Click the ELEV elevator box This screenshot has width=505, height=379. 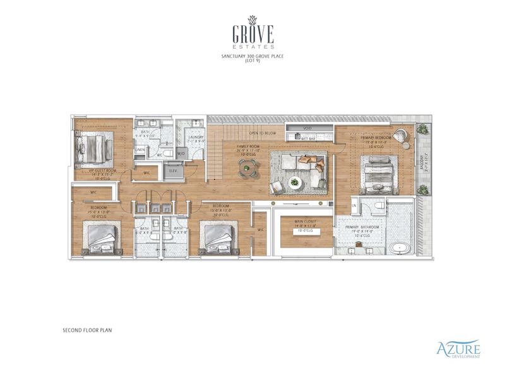tap(172, 170)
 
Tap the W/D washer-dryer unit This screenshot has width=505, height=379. tap(182, 153)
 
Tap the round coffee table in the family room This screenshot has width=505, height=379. tap(294, 183)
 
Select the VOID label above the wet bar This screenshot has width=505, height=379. tap(307, 128)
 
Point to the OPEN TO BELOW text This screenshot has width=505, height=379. tap(263, 134)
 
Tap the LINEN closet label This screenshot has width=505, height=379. tap(140, 150)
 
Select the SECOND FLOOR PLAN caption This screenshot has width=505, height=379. tap(87, 330)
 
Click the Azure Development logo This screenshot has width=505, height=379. tap(458, 349)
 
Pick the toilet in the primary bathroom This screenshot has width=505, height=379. tap(378, 206)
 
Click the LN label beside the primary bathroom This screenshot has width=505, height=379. tap(354, 206)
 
